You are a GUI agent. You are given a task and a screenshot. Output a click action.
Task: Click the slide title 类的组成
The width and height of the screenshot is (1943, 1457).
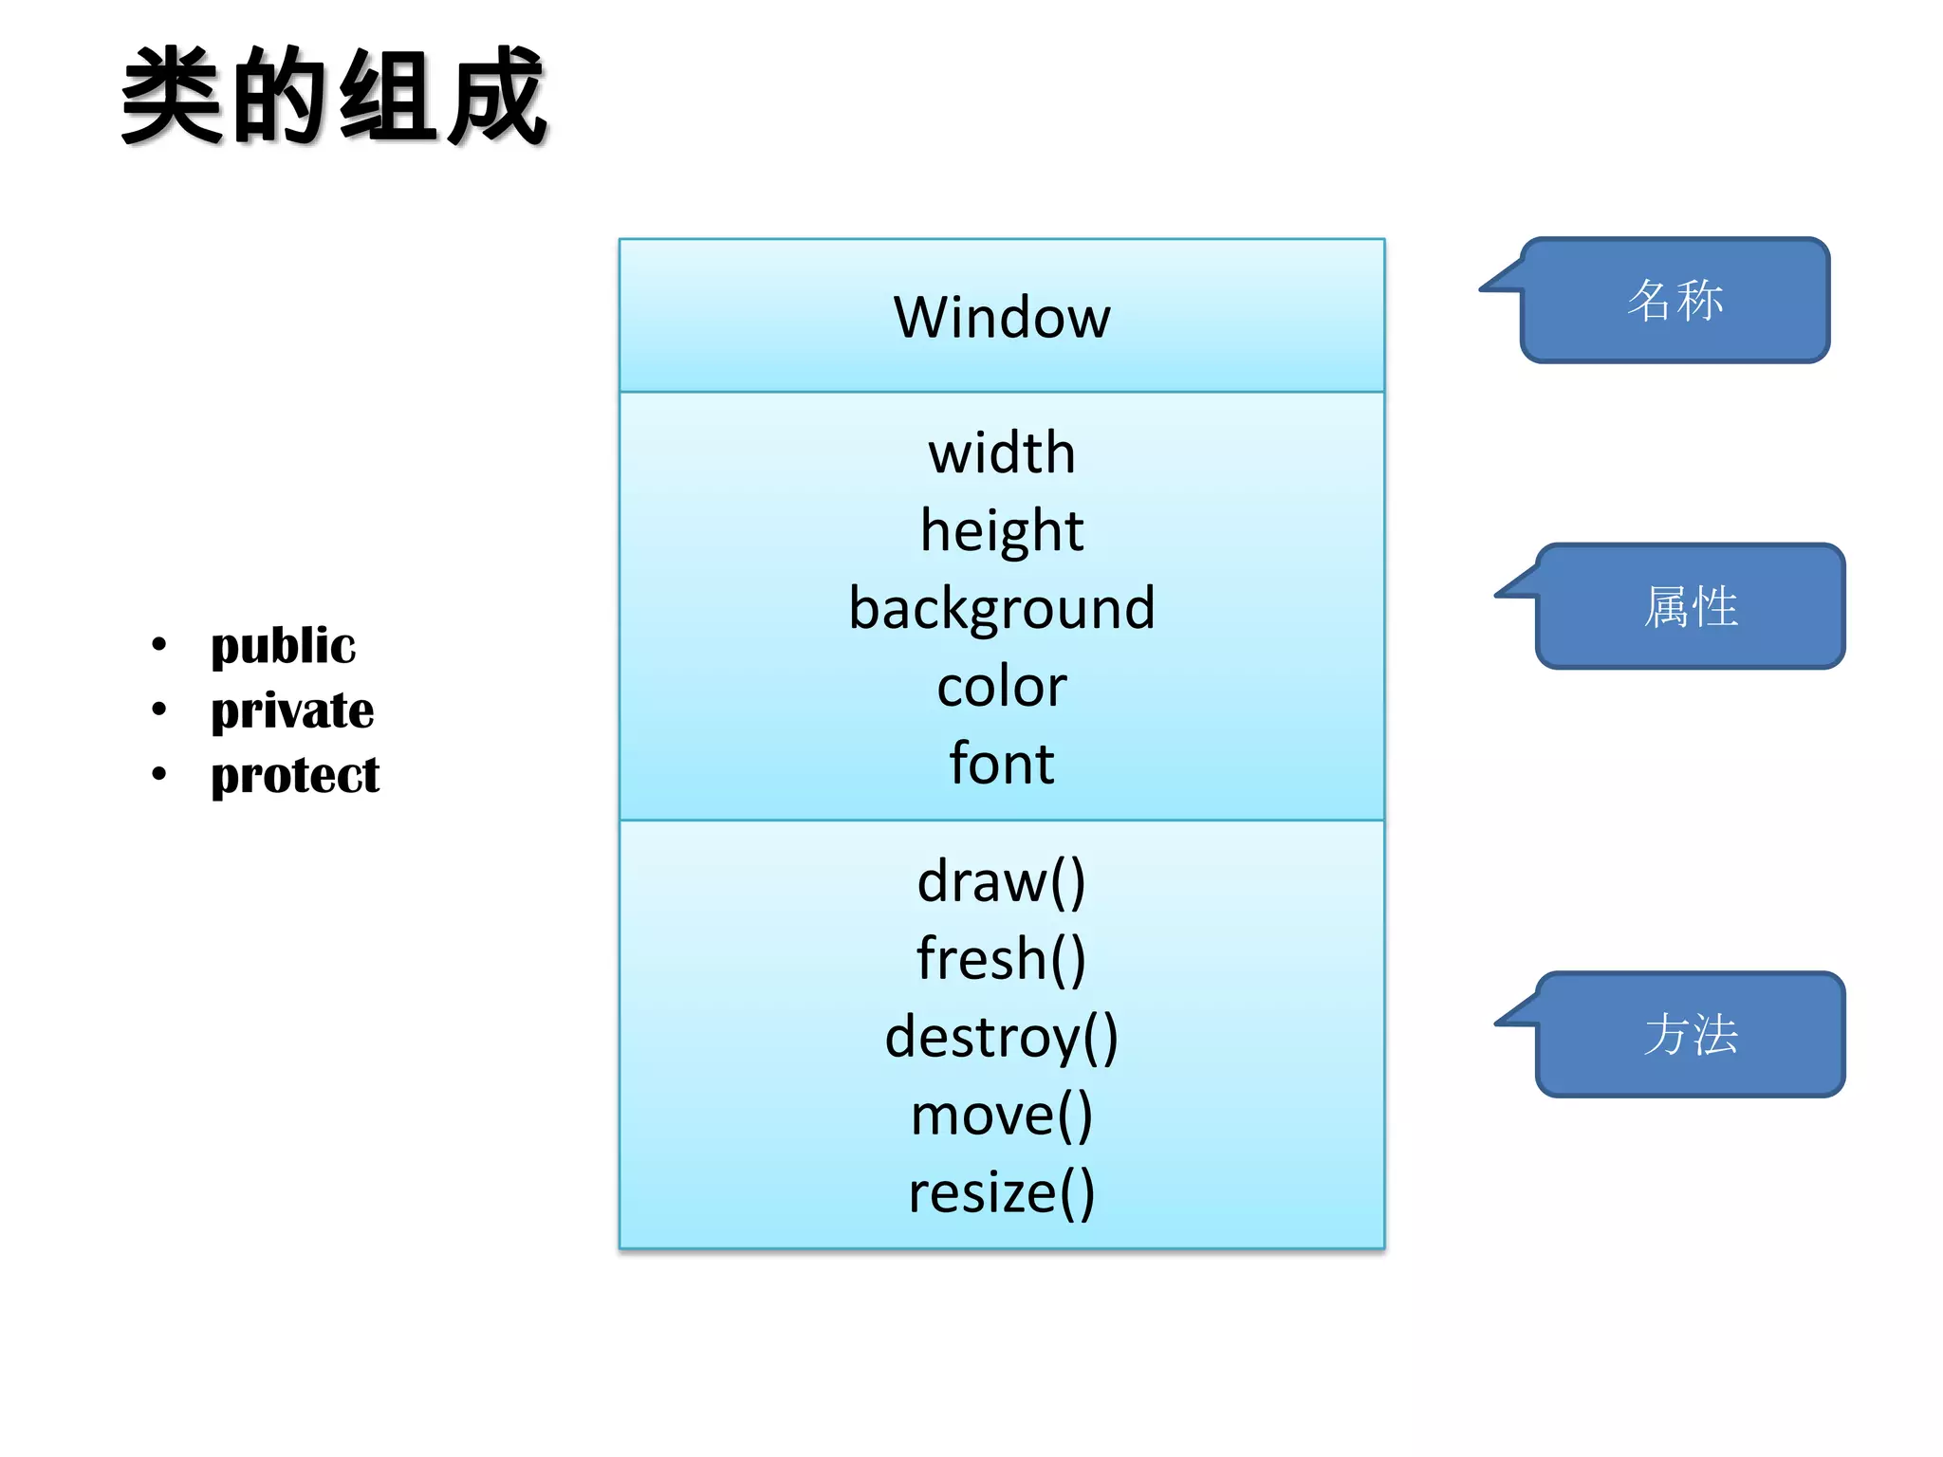pos(334,97)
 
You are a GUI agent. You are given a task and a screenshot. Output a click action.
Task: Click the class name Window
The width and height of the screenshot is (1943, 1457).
pos(1001,317)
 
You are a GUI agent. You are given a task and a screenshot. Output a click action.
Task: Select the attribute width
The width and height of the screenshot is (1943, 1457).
pos(1001,452)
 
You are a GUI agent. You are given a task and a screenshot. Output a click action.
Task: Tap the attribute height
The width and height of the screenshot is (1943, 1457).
pos(1001,530)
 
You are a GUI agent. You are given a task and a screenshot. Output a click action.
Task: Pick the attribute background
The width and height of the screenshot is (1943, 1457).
pos(1001,608)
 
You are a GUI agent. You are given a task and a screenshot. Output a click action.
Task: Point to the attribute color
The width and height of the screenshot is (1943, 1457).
pos(1001,686)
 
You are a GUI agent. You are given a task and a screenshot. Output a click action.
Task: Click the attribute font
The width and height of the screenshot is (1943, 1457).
pos(1001,764)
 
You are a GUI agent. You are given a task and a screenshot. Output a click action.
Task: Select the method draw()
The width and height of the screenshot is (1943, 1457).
pos(1001,881)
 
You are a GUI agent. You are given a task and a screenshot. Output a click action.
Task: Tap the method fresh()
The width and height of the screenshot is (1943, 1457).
pos(1001,959)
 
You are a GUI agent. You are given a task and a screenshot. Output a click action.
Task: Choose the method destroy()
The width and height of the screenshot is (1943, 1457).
pos(1001,1037)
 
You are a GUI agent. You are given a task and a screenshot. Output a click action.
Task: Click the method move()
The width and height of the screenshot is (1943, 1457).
pos(1001,1115)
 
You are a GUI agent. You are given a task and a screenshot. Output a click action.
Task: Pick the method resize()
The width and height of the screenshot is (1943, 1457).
pos(1001,1192)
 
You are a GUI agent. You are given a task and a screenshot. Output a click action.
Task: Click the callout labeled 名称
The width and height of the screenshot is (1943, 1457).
pos(1675,300)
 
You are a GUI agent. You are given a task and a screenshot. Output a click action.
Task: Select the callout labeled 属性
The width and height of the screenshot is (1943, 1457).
pos(1690,606)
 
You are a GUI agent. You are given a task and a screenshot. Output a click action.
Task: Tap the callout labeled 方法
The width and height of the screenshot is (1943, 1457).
pos(1690,1034)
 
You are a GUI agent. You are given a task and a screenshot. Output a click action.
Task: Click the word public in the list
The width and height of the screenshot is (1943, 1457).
pos(283,646)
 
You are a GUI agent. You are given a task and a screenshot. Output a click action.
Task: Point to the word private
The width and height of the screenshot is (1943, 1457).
pos(292,710)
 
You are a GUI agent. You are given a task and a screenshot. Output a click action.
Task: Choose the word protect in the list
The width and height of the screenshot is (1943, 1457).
pos(295,775)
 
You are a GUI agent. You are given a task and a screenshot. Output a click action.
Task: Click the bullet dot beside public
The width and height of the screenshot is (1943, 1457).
pos(158,645)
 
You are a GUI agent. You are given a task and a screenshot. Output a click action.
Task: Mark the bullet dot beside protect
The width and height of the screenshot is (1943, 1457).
pos(158,774)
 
